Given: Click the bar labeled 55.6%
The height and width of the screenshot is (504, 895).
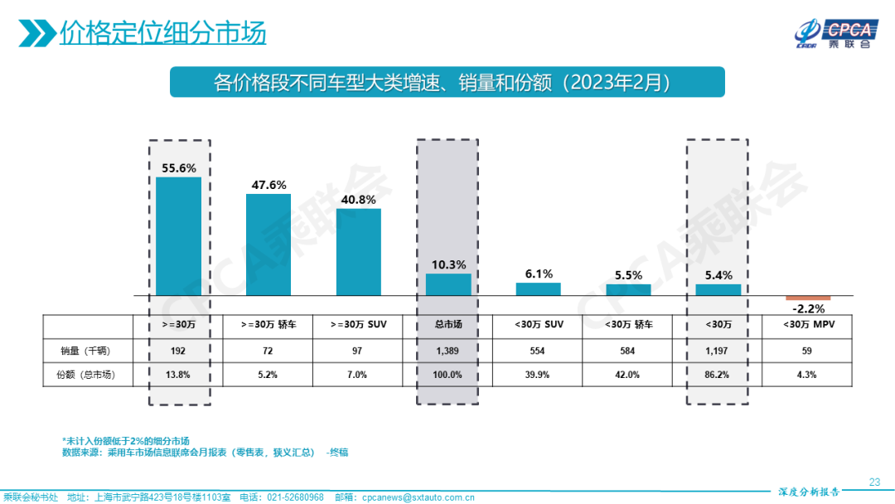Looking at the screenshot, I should pos(178,236).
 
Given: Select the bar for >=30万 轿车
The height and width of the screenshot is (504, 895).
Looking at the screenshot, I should pos(268,245).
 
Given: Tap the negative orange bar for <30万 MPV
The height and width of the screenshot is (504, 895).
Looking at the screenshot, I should pos(807,298).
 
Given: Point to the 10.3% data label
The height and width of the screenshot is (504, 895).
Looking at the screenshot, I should pos(448,265).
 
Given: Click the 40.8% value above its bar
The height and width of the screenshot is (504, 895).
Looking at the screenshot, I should pos(358,200).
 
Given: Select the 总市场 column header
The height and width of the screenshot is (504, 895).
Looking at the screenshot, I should pos(448,325).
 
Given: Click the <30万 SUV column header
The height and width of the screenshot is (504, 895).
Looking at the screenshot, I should pos(538,325).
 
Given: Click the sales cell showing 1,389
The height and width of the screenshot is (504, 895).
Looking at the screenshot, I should pos(448,351).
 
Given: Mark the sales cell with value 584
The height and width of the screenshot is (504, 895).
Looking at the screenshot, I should pos(627,351).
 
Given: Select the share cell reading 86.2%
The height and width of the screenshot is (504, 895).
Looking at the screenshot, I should pos(718,375).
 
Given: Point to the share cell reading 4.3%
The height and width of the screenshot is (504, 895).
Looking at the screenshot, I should pos(807,375).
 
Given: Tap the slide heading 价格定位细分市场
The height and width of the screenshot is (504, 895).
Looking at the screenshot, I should pos(162,33).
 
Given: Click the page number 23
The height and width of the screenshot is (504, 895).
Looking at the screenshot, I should pos(874,482).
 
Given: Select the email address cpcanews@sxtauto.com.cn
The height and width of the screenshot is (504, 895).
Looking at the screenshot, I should pos(414,497).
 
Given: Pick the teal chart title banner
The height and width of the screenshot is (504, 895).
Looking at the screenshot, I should pos(447,83).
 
